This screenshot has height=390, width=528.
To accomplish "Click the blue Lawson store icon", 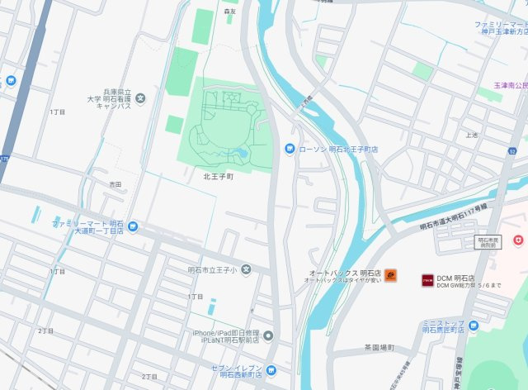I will (x=290, y=149).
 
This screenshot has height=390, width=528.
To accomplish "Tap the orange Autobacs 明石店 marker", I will (x=390, y=275).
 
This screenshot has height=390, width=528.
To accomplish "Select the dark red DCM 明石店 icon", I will (x=427, y=279).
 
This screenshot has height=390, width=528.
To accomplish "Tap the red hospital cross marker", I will (x=517, y=239).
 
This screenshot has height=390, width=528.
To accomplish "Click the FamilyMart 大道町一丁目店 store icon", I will (x=133, y=226).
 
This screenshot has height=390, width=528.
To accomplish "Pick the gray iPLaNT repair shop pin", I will (x=267, y=335).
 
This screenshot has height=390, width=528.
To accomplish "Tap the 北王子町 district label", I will (x=219, y=176).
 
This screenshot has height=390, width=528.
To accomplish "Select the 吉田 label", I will (x=115, y=184).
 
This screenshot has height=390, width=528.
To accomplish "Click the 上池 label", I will (x=471, y=135).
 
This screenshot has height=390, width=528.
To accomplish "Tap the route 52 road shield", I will (x=512, y=151).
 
